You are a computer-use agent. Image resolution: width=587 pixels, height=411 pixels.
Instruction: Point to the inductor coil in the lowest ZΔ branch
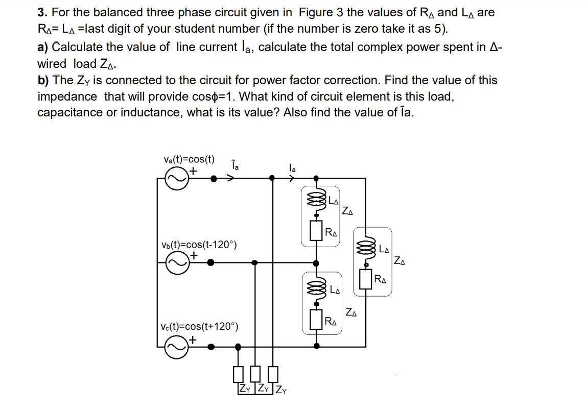317,290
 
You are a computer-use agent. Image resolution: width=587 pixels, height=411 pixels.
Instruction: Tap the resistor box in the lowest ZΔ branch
317,321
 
